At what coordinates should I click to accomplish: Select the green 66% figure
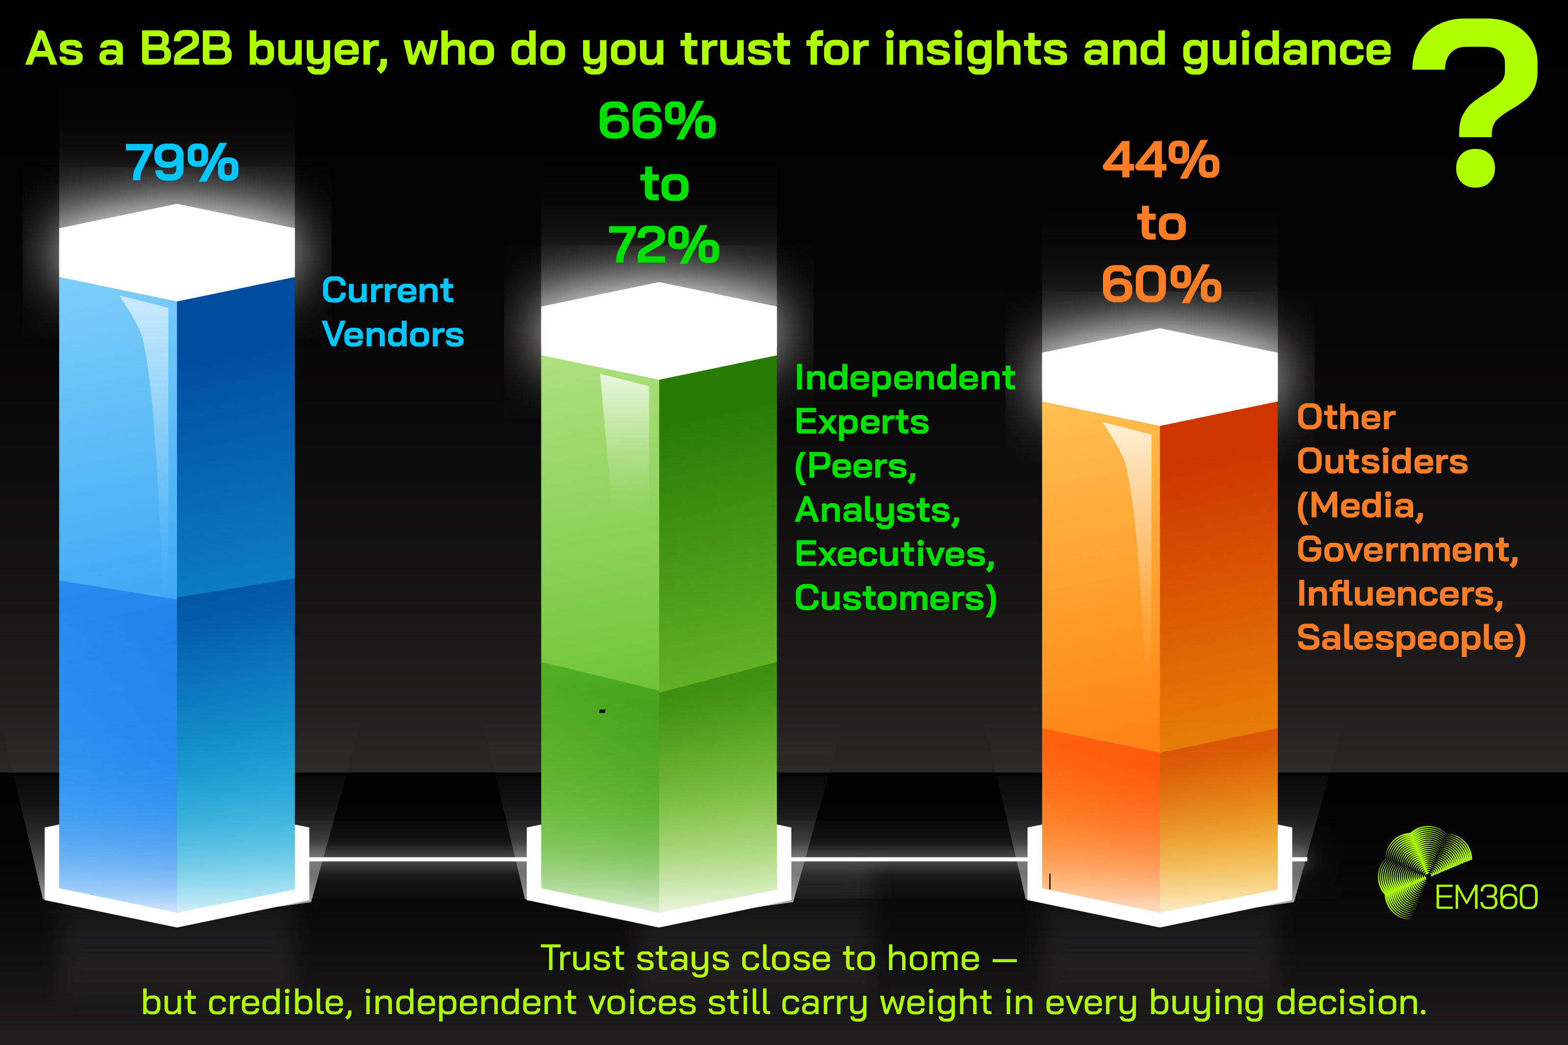(x=657, y=122)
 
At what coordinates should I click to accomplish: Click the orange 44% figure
(x=1161, y=161)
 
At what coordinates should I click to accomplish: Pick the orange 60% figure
(x=1161, y=285)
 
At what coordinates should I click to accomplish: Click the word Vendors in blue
(x=392, y=334)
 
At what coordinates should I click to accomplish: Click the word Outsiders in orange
(x=1382, y=461)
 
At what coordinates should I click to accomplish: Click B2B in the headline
(x=186, y=49)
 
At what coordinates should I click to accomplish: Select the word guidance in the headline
(x=1286, y=50)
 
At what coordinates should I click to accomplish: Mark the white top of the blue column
(x=176, y=252)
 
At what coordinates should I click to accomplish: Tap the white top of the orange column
(x=1159, y=377)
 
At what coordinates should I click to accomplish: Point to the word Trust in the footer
(x=582, y=958)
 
